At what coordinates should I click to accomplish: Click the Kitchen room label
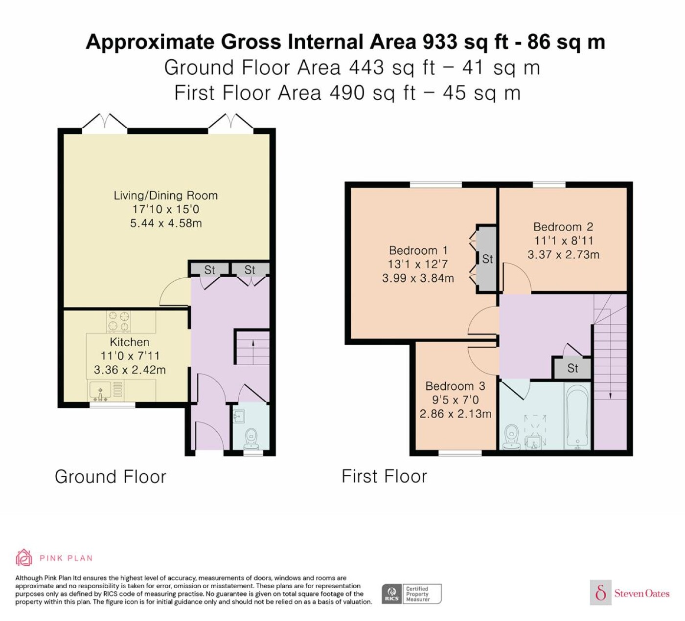(130, 342)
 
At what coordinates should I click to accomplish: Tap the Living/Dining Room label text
(165, 196)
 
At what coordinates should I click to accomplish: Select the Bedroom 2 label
(563, 227)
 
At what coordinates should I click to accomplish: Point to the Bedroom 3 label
(455, 386)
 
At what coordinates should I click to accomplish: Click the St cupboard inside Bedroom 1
(487, 259)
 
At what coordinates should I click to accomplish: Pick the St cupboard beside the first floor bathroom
(572, 368)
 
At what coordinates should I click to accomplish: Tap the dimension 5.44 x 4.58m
(166, 223)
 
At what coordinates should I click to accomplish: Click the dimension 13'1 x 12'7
(418, 264)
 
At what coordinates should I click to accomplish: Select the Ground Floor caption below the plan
(110, 477)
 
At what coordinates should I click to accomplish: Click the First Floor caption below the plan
(384, 476)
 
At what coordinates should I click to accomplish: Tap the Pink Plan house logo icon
(24, 558)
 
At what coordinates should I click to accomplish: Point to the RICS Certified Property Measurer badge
(411, 594)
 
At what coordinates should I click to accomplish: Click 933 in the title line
(440, 42)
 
